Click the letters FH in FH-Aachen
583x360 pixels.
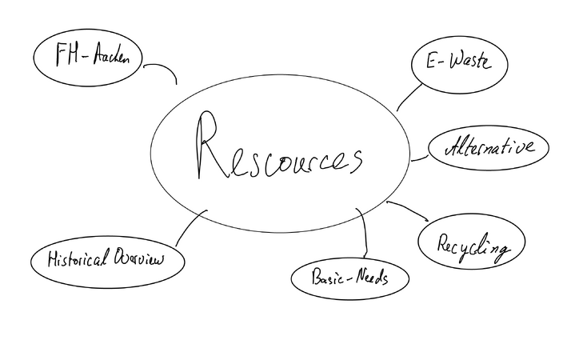[67, 54]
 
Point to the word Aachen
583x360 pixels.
[111, 55]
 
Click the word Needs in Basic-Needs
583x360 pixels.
[372, 277]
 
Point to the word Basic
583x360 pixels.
[328, 277]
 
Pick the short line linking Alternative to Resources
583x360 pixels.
[419, 159]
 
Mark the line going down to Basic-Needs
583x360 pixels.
[365, 233]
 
